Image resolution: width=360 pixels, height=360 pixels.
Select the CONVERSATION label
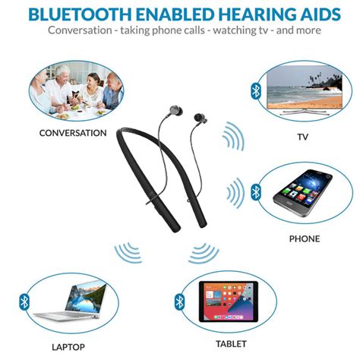[73, 133]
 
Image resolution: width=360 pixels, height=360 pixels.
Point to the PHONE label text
[304, 238]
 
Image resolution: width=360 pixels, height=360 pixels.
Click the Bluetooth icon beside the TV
[256, 90]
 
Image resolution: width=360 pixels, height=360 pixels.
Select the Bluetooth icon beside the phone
[256, 190]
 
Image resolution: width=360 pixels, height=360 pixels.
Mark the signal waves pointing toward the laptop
[128, 252]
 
